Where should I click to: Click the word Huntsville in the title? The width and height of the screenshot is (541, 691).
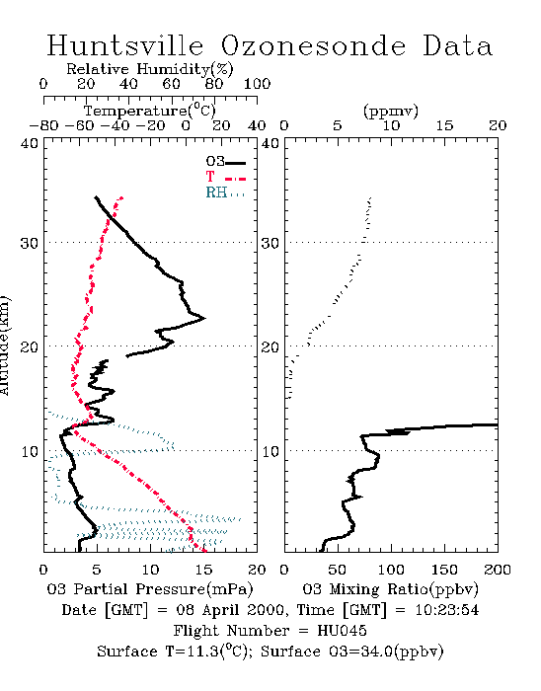click(125, 45)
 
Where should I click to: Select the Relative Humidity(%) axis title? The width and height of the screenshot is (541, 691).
click(150, 69)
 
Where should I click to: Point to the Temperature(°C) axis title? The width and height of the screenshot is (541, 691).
click(150, 111)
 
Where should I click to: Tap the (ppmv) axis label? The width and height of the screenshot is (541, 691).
click(391, 111)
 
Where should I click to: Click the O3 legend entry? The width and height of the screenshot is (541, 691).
click(225, 162)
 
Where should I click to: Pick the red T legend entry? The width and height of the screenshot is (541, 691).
click(225, 178)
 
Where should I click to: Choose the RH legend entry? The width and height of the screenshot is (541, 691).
click(225, 193)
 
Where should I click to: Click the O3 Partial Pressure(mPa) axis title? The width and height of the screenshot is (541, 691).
click(150, 589)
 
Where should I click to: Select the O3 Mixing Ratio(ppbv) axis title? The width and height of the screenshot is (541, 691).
click(390, 589)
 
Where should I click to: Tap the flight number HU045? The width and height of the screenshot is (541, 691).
click(342, 631)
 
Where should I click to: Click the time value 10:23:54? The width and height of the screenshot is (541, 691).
click(447, 610)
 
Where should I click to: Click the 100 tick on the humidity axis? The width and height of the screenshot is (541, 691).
click(258, 84)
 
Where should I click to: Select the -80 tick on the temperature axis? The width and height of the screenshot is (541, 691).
click(43, 125)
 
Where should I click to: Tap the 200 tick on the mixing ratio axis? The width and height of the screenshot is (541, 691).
click(498, 570)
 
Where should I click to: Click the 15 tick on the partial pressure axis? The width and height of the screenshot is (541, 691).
click(203, 570)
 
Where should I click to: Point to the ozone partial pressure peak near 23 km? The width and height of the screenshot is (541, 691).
click(204, 318)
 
